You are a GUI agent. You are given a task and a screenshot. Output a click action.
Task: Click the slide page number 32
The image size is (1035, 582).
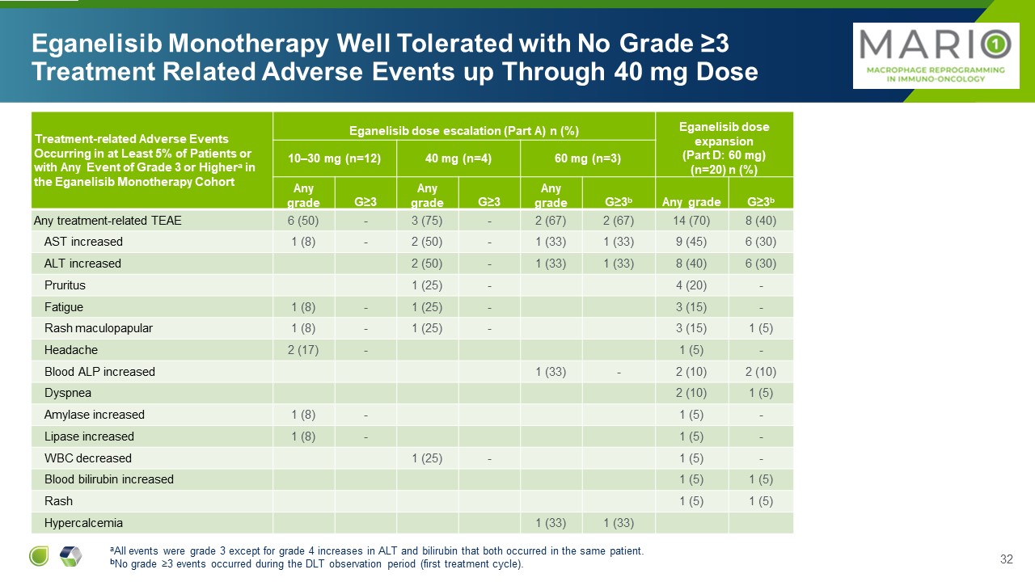click(1007, 559)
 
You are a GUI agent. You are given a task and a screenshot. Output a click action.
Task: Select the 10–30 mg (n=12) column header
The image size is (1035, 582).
click(335, 158)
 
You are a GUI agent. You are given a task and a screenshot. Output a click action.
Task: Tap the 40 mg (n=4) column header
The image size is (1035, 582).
click(458, 158)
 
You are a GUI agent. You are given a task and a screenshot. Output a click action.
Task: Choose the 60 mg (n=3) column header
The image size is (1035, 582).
click(588, 158)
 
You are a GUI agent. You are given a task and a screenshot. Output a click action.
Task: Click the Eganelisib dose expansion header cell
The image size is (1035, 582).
click(724, 144)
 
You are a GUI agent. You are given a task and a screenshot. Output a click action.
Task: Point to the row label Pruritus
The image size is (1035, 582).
click(65, 285)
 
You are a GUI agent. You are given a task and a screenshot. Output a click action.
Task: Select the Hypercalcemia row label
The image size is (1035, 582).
click(83, 523)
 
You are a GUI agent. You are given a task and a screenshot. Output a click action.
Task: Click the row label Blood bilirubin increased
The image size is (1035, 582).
click(108, 479)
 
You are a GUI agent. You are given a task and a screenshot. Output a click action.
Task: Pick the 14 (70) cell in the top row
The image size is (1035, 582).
click(692, 220)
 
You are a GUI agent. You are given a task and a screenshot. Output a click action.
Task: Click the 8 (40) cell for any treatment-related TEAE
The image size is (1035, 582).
click(760, 220)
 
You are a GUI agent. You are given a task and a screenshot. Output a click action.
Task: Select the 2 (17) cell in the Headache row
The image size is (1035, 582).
click(304, 350)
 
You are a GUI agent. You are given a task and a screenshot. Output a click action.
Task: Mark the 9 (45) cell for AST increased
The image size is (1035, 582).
click(692, 242)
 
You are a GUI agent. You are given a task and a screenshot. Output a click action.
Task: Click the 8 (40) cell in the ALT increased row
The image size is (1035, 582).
click(692, 264)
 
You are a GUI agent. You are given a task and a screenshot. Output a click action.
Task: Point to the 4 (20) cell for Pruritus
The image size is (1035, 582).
click(692, 285)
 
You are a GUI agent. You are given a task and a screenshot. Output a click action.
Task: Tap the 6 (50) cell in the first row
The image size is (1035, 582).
click(304, 220)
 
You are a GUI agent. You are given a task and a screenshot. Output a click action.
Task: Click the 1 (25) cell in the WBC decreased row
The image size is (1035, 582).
click(428, 458)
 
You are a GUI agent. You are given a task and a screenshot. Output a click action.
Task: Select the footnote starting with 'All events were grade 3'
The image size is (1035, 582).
click(377, 551)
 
